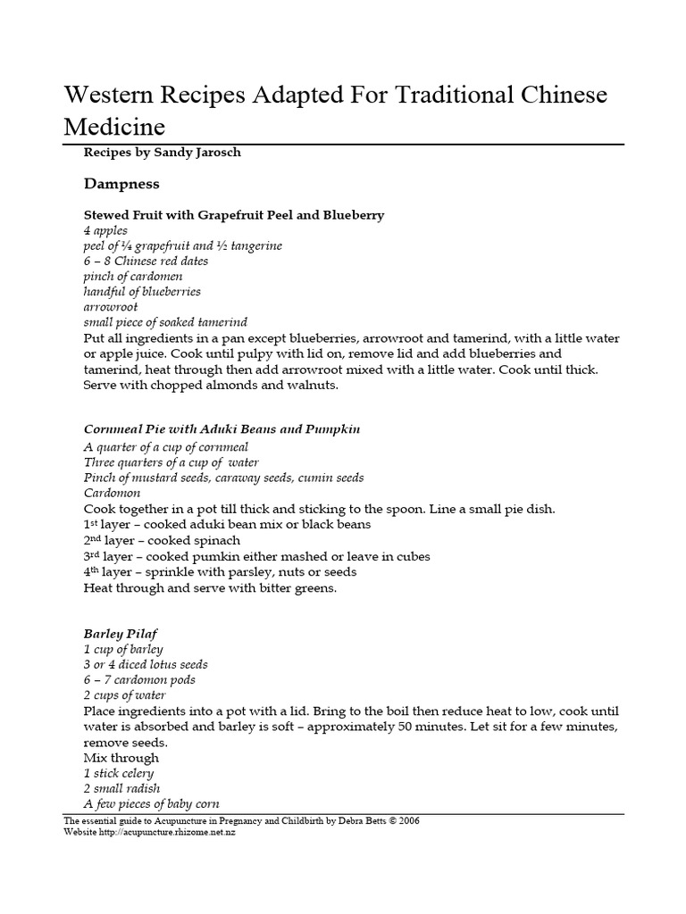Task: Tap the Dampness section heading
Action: (x=121, y=184)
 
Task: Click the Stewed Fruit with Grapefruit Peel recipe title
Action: (x=233, y=215)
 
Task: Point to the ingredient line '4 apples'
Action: (x=105, y=230)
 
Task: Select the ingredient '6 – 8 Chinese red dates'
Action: (x=146, y=261)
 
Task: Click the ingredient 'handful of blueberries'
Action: (x=142, y=291)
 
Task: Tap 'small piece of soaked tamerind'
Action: (x=165, y=321)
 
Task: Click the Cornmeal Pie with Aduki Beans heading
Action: (x=222, y=429)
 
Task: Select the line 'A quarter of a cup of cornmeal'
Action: (x=166, y=446)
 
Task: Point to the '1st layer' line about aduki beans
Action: (x=227, y=525)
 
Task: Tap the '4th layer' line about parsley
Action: (x=220, y=571)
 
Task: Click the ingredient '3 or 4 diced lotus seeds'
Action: (x=146, y=664)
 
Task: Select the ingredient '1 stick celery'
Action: (x=119, y=773)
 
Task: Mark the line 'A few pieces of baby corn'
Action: (x=151, y=803)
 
